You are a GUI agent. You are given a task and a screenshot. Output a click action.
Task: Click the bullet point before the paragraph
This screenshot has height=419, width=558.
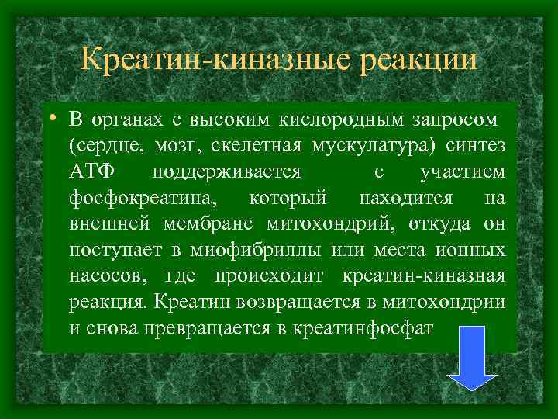click(x=49, y=119)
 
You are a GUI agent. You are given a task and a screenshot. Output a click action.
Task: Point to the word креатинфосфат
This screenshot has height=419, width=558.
click(x=364, y=328)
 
